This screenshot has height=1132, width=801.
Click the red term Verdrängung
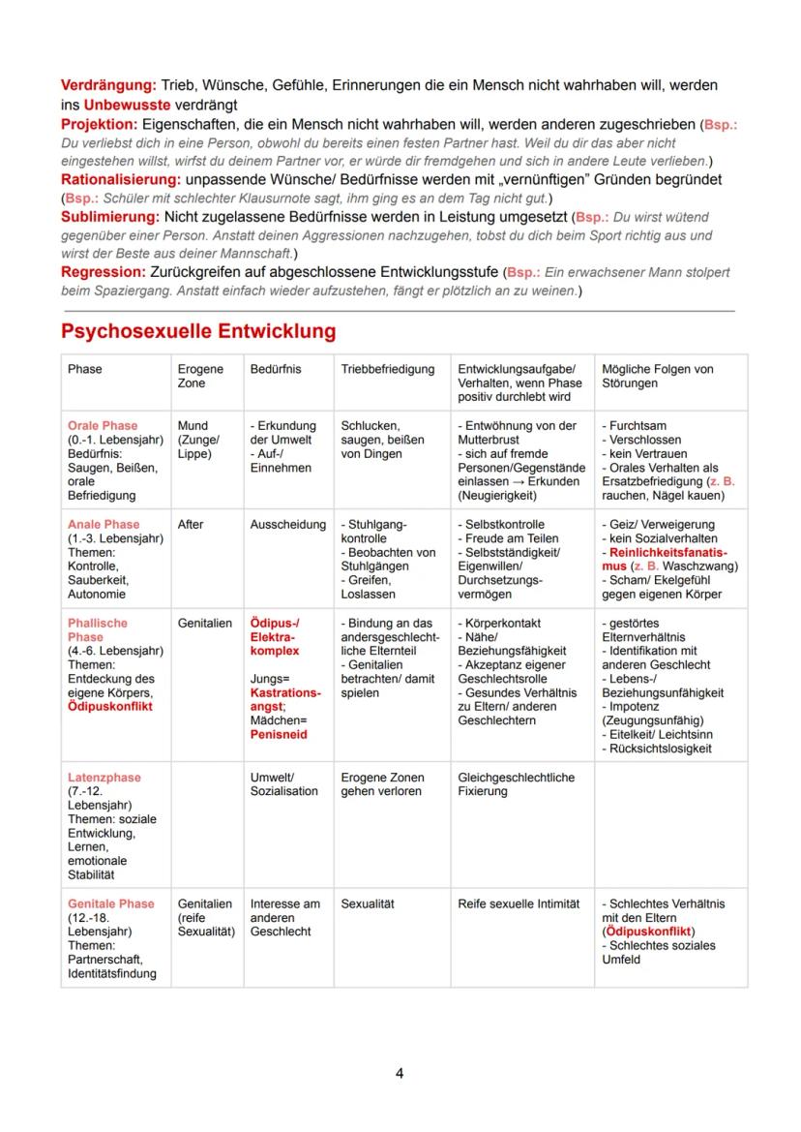pos(108,86)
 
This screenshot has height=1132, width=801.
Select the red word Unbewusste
pos(128,104)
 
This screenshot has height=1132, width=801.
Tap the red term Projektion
pos(99,125)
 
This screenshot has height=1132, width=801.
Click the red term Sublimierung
pos(110,216)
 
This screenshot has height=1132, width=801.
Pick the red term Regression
pos(103,272)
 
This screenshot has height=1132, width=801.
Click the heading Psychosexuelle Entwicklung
pos(198,331)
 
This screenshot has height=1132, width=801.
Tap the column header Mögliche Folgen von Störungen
pos(658,376)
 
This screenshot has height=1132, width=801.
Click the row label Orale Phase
pos(103,425)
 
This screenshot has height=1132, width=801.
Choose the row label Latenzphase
pos(104,778)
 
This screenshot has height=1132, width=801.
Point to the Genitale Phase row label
pos(110,903)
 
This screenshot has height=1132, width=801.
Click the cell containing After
pos(191,524)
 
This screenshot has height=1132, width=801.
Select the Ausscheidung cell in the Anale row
pos(287,524)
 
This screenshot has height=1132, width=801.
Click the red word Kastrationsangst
pos(284,701)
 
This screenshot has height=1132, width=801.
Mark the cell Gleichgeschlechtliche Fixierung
pos(516,784)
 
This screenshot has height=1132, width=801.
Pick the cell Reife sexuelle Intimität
pos(518,903)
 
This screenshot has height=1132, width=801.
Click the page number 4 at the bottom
pos(400,1073)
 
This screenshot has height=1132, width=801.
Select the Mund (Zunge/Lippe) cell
pos(199,440)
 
